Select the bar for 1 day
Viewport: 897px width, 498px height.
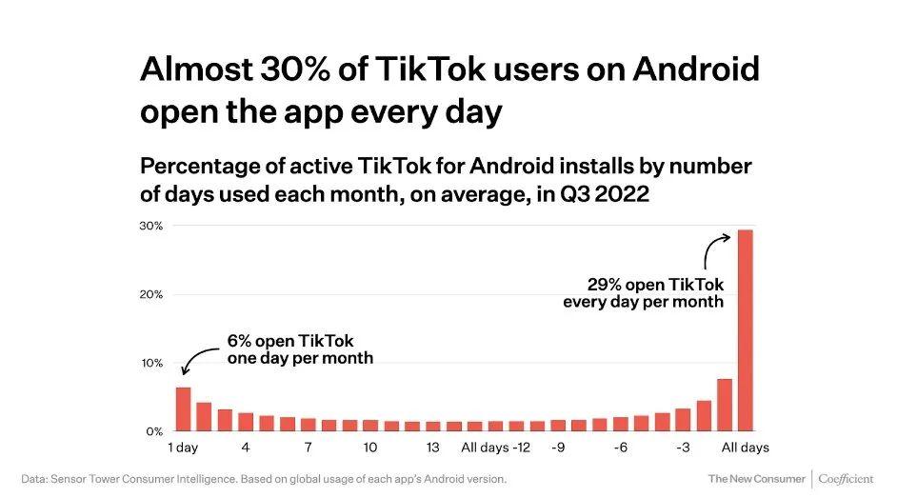(x=183, y=409)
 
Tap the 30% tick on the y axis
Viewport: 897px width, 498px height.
(x=152, y=226)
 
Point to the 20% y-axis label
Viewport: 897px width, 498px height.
(x=152, y=294)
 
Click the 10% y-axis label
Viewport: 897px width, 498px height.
(x=152, y=363)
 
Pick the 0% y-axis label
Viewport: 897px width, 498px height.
(x=155, y=431)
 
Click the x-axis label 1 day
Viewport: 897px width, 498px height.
(x=183, y=448)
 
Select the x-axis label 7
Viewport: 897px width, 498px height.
(x=308, y=448)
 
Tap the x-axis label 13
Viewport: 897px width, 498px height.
(x=432, y=448)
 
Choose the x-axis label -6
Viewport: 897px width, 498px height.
(x=620, y=448)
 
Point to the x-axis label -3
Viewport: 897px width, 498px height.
(x=682, y=448)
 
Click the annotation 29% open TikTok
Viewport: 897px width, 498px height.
(x=655, y=285)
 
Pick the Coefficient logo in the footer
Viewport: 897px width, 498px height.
(x=846, y=478)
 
